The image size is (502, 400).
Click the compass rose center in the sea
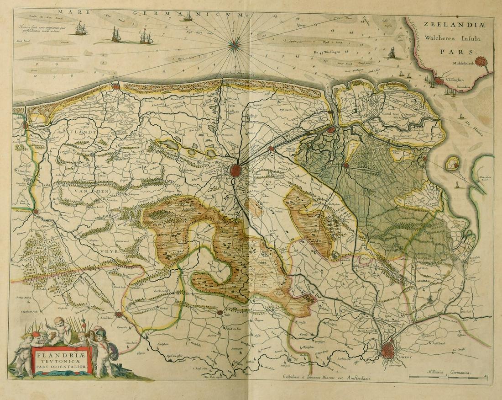tap(235, 43)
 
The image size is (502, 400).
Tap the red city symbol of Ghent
tap(388, 350)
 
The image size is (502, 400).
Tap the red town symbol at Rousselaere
tap(119, 314)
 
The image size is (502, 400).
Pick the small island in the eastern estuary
tap(452, 163)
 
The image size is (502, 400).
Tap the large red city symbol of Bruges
tap(235, 171)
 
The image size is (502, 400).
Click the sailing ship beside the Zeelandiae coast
tap(392, 53)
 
